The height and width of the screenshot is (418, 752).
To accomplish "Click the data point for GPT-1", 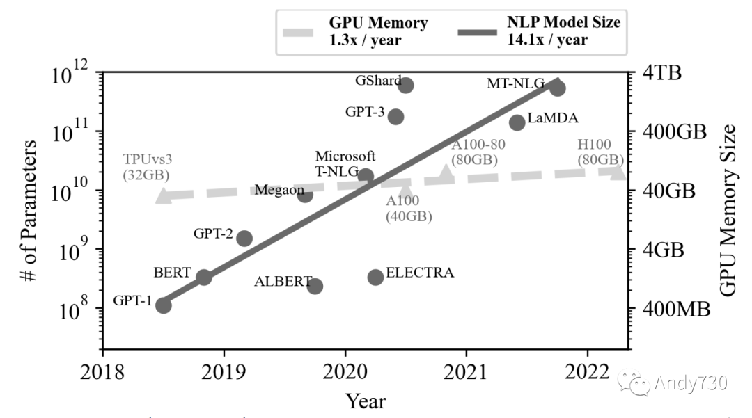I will pos(164,305).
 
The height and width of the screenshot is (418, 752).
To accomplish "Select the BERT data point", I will pos(203,277).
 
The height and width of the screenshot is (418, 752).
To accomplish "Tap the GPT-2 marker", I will pos(244,239).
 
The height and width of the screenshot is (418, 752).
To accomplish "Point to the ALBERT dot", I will pos(315,286).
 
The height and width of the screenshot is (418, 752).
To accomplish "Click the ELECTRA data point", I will pos(375,277).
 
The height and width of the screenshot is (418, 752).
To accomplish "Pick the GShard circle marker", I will pos(406,85).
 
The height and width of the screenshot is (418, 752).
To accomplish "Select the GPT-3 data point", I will pos(395,116).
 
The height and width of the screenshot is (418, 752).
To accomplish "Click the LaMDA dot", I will pos(517,122).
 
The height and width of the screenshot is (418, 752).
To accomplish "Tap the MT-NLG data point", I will pos(557,88).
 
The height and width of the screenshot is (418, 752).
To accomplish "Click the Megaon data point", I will pos(304,194).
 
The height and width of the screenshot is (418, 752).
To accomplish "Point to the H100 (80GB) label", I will pos(600,152).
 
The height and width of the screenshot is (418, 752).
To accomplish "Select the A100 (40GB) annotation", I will pos(409,209).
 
